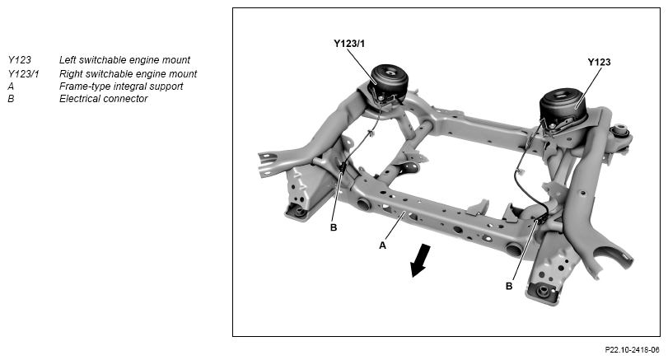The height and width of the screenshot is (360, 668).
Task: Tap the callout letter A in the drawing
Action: pyautogui.click(x=383, y=245)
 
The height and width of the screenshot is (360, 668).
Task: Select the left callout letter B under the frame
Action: pyautogui.click(x=334, y=227)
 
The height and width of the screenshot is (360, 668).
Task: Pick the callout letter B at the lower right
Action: pyautogui.click(x=508, y=286)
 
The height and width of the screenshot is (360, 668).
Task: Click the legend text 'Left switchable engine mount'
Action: pyautogui.click(x=124, y=60)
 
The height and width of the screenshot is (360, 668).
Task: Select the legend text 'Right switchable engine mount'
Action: pyautogui.click(x=128, y=73)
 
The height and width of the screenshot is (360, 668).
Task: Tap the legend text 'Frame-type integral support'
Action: pyautogui.click(x=121, y=86)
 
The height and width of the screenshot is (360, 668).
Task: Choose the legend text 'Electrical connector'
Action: pyautogui.click(x=104, y=99)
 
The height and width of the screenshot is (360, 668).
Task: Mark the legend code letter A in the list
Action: pyautogui.click(x=11, y=86)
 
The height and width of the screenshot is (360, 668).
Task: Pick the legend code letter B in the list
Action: pyautogui.click(x=11, y=99)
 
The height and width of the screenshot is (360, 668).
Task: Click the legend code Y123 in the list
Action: pyautogui.click(x=18, y=60)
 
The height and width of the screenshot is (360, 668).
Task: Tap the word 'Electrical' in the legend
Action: pyautogui.click(x=80, y=99)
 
